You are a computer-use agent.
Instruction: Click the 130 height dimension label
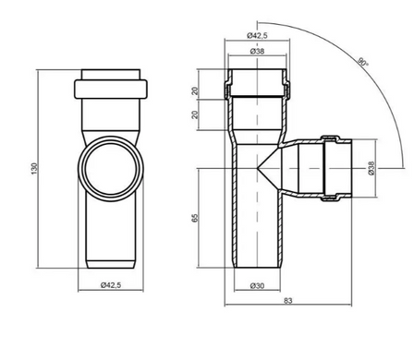coord(34,169)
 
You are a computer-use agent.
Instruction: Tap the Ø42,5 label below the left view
coord(111,285)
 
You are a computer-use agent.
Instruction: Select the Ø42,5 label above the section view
coord(257,35)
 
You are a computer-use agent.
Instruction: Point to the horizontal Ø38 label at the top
coord(257,51)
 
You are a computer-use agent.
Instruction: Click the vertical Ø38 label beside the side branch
coord(371,168)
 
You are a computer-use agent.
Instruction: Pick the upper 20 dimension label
coord(195,91)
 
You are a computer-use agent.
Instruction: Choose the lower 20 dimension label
coord(195,114)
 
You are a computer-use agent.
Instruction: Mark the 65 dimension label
coord(195,218)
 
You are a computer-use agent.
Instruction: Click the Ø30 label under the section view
coord(257,286)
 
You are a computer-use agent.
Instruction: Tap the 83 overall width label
coord(287,301)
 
